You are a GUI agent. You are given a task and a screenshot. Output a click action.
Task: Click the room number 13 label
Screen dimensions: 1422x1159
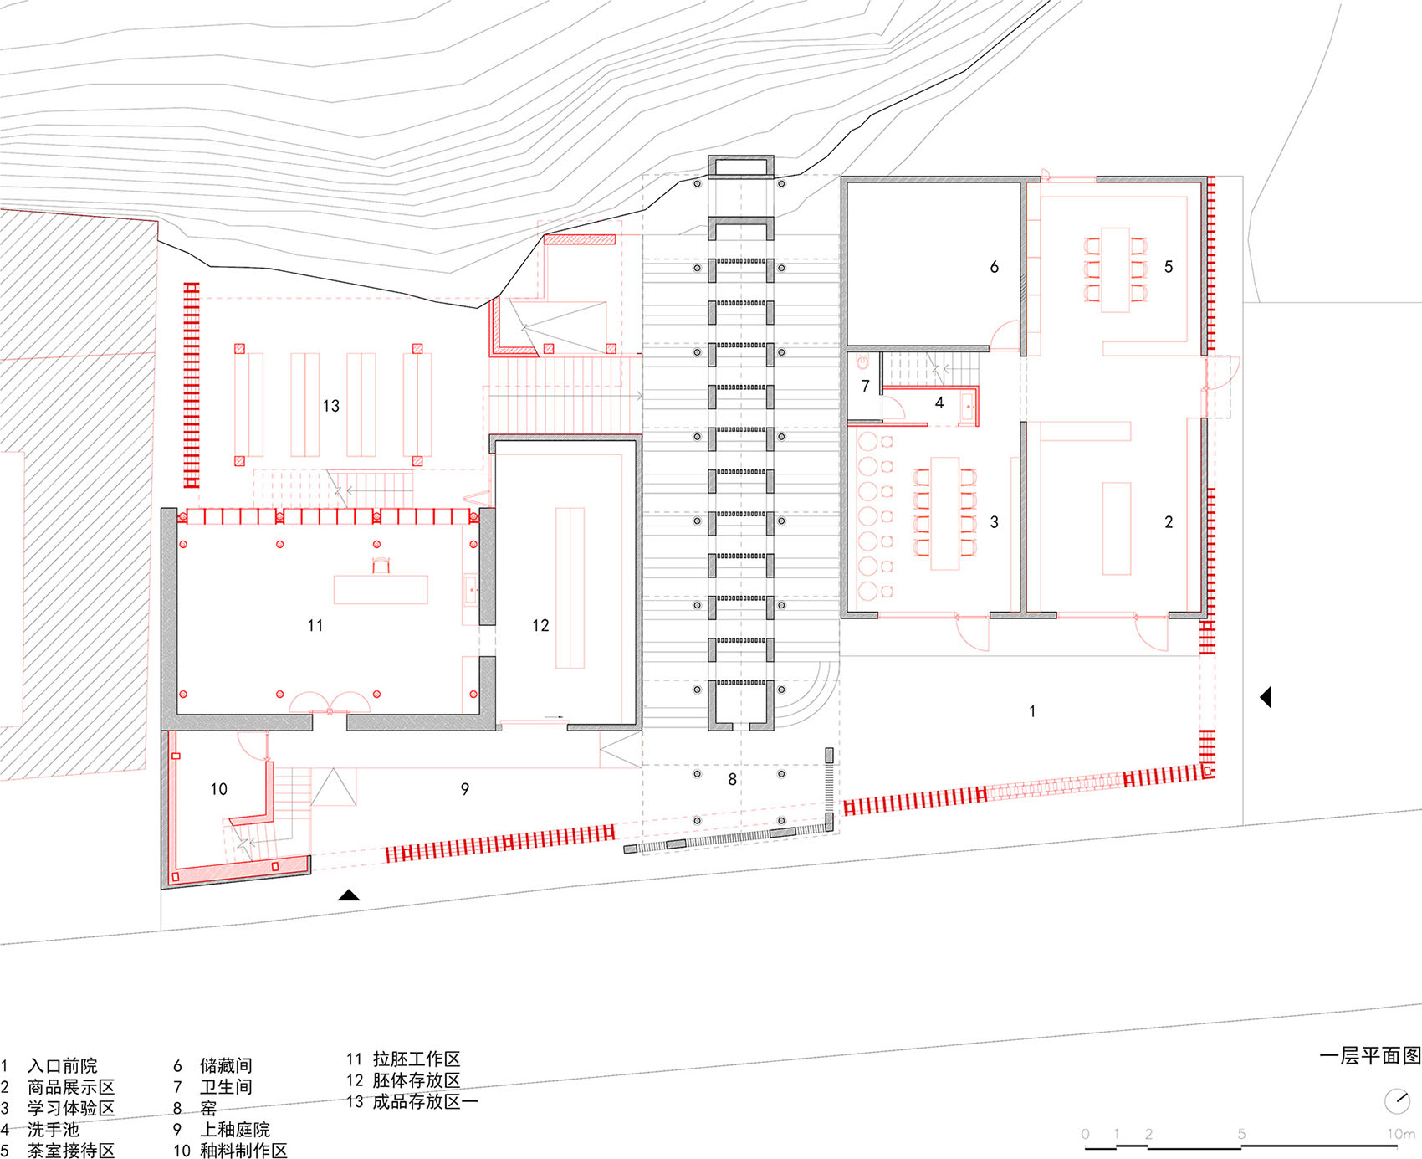click(x=331, y=406)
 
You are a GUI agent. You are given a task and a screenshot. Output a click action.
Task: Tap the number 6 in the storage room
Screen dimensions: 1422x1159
click(x=994, y=267)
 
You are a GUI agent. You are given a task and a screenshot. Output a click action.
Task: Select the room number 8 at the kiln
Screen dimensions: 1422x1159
click(x=732, y=780)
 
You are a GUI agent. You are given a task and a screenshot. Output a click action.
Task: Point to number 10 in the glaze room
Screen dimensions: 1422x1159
click(x=218, y=789)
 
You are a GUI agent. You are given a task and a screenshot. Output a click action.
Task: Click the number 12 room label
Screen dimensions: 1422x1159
click(x=540, y=625)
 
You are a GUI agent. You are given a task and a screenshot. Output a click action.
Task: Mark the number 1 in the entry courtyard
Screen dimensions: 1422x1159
click(x=1032, y=711)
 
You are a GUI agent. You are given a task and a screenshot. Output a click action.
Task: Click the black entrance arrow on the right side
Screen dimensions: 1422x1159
click(x=1266, y=696)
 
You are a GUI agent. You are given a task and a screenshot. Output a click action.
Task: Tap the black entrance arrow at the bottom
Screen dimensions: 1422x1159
click(x=349, y=895)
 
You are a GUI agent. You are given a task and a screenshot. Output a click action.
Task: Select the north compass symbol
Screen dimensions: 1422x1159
click(x=1397, y=1100)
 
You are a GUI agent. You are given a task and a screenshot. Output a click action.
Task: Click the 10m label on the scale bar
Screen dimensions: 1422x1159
click(x=1401, y=1134)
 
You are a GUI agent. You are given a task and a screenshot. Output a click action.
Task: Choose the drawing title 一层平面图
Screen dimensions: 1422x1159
click(x=1370, y=1056)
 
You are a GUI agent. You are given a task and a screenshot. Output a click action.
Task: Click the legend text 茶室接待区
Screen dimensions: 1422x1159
click(x=71, y=1151)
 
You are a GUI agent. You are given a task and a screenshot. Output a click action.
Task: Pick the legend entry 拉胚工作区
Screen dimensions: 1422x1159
click(x=417, y=1059)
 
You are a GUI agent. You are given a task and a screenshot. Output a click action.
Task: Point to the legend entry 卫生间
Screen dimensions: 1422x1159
click(x=226, y=1087)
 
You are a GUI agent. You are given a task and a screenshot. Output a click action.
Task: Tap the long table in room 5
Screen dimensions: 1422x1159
click(x=1115, y=269)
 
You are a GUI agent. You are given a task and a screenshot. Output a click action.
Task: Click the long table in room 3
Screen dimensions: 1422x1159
click(x=945, y=513)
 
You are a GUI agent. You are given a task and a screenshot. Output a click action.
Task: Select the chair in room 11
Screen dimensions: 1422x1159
click(x=381, y=565)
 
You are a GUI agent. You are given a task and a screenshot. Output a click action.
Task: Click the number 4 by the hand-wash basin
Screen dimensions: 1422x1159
click(x=939, y=403)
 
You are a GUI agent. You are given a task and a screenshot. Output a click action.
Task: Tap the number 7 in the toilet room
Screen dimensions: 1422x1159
click(x=866, y=386)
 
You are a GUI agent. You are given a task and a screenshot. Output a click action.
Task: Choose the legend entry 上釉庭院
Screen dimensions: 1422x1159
click(x=235, y=1130)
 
